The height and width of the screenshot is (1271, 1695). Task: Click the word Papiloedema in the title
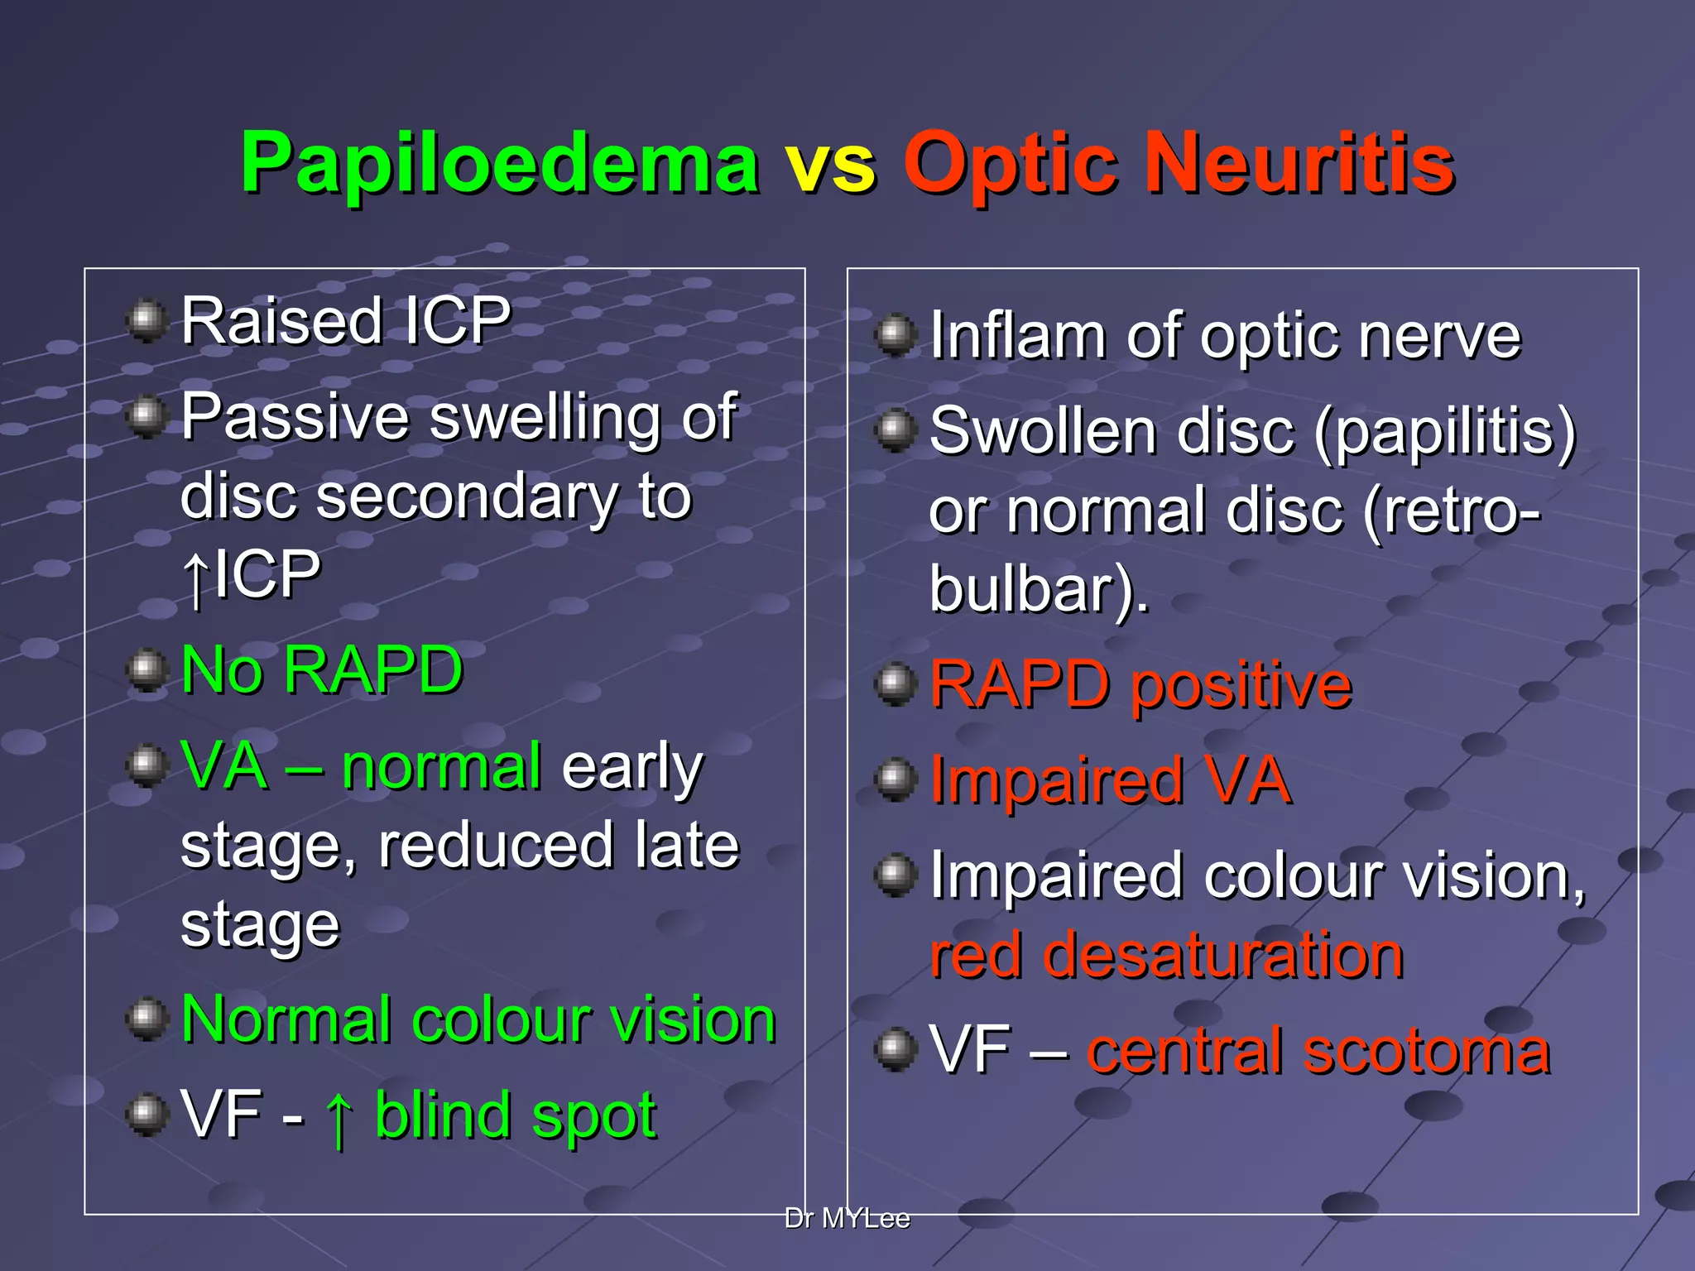tap(499, 164)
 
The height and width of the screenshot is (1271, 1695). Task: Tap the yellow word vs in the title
tap(830, 164)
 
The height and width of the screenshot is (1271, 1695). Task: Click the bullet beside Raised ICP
tap(147, 321)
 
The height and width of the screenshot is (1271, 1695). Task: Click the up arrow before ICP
tap(195, 578)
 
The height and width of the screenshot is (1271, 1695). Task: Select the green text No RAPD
tap(321, 670)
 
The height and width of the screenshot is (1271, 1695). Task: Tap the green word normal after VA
tap(442, 766)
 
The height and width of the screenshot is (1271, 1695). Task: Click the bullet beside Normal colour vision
tap(147, 1019)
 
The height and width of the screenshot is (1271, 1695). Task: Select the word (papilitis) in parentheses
tap(1444, 432)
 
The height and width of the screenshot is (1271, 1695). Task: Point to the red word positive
tap(1241, 687)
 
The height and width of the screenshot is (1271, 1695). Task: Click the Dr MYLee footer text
tap(847, 1219)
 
